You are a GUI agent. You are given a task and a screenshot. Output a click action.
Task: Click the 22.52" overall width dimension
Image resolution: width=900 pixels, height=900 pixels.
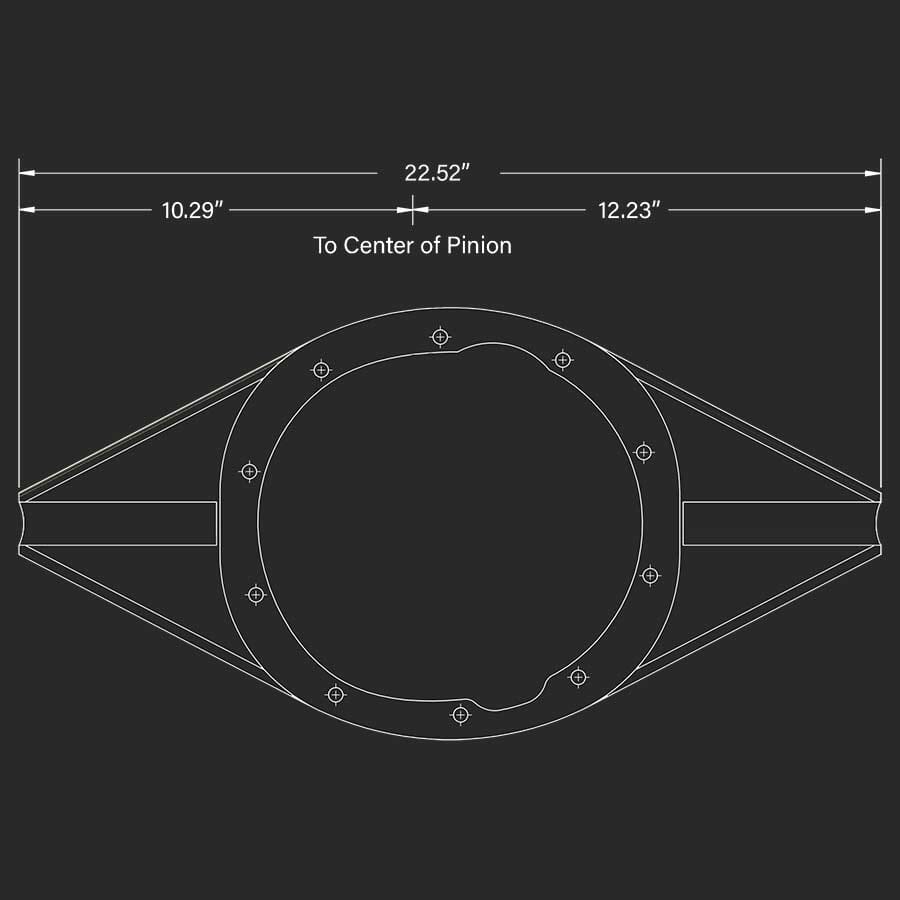coord(437,173)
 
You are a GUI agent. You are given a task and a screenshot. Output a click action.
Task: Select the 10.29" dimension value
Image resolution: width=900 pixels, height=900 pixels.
coord(192,210)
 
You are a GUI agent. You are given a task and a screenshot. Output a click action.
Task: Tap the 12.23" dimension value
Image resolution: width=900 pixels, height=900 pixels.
coord(630,210)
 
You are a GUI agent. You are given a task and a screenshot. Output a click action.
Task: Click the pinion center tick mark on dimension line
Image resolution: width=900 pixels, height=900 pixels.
coord(412,209)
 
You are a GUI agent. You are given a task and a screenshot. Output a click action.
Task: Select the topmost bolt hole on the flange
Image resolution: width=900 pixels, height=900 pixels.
coord(439,336)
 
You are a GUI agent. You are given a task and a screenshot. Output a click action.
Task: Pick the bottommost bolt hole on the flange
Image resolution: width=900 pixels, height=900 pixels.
coord(460,714)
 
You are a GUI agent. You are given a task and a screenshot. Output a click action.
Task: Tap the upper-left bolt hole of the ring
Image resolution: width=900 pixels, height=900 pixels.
coord(321,370)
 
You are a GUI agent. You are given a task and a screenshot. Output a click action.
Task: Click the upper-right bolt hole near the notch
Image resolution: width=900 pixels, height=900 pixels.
coord(563,359)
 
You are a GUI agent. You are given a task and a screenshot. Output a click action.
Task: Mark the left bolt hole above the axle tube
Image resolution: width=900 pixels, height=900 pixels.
coord(250,471)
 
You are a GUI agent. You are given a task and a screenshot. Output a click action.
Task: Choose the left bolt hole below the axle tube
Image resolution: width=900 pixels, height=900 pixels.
coord(256,595)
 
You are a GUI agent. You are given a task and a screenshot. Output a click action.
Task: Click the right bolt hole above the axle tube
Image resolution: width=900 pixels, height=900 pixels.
coord(644,452)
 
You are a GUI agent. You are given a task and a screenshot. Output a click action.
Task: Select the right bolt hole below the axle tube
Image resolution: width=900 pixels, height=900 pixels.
coord(650,575)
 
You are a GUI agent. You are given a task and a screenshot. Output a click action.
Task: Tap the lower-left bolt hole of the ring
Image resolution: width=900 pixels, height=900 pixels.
coord(335,694)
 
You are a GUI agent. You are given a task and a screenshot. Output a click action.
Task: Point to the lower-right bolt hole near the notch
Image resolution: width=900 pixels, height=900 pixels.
coord(577,677)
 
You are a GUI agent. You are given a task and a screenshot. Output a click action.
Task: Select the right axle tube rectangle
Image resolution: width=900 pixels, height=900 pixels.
coord(780,523)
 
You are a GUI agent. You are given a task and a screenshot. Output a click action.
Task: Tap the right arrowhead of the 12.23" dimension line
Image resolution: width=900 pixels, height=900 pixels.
coord(874,210)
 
